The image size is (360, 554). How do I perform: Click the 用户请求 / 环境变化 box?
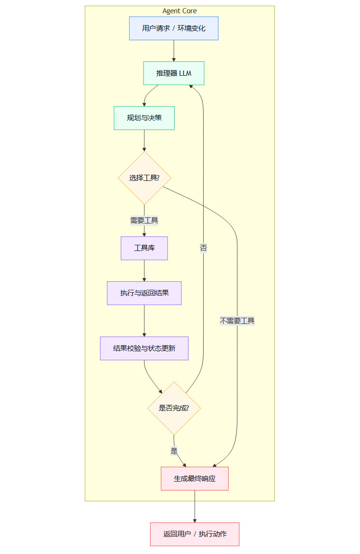click(x=173, y=28)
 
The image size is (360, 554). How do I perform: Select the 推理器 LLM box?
click(x=173, y=73)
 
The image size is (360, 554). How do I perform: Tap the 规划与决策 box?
click(x=144, y=118)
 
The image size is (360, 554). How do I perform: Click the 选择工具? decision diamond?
click(x=144, y=178)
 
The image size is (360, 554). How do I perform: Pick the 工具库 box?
click(x=144, y=248)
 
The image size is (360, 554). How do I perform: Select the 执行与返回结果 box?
click(x=144, y=293)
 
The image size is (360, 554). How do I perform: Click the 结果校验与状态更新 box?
click(x=144, y=348)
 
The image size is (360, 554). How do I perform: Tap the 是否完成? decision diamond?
click(x=174, y=408)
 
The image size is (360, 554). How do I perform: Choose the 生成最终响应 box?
click(x=195, y=479)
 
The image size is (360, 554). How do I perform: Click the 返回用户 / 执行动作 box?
click(x=195, y=534)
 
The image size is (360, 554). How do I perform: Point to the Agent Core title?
click(x=180, y=11)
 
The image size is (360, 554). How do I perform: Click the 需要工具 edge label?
click(x=144, y=220)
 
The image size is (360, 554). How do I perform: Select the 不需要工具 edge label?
click(x=237, y=321)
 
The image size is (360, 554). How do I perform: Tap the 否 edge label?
click(x=203, y=248)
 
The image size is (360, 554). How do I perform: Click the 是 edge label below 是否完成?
click(x=174, y=451)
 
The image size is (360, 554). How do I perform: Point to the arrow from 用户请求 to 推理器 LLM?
click(x=174, y=51)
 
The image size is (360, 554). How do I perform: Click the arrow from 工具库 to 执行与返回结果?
click(x=144, y=271)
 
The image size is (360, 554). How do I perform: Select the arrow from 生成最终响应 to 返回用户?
click(x=195, y=506)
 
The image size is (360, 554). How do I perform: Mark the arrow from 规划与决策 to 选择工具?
click(x=144, y=140)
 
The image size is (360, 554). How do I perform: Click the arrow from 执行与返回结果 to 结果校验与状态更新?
click(x=144, y=321)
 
